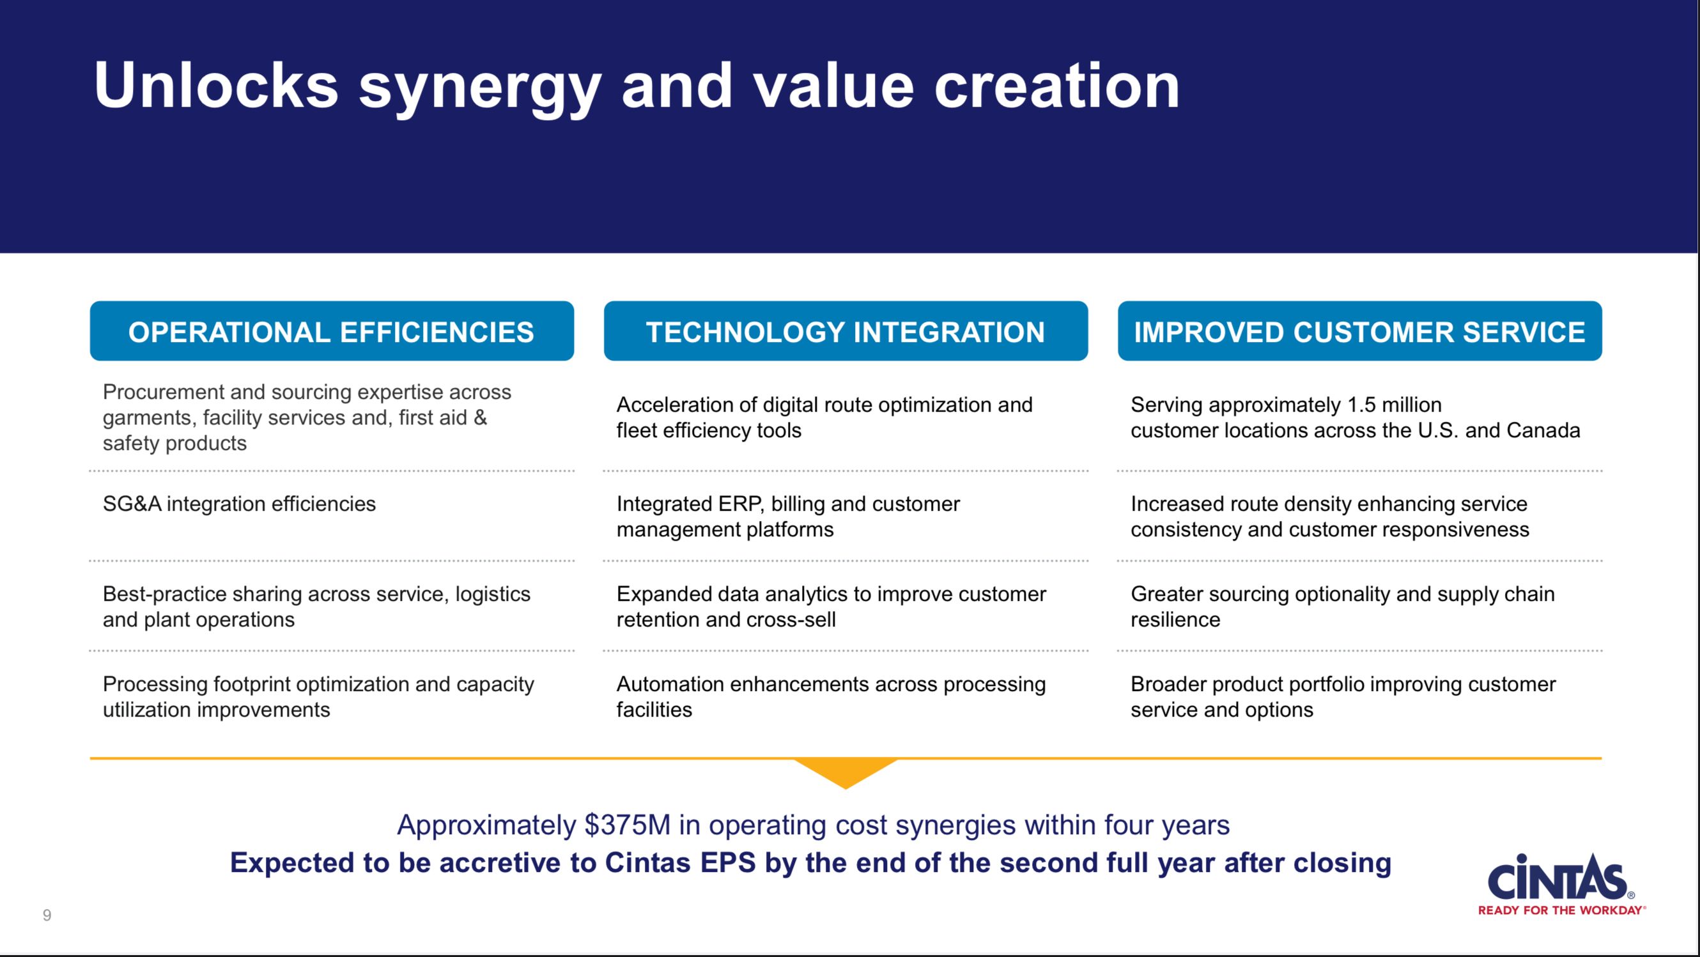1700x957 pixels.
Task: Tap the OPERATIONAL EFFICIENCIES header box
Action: [x=332, y=331]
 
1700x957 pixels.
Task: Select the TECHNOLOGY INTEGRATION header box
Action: [x=846, y=331]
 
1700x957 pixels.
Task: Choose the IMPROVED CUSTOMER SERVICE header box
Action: [x=1359, y=331]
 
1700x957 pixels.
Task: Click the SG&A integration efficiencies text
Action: [x=239, y=504]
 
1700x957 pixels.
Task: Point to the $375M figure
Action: [x=627, y=825]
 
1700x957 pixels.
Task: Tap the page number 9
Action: [x=47, y=915]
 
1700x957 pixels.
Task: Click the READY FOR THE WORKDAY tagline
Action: [x=1560, y=910]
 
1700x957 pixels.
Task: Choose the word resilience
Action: [x=1175, y=619]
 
